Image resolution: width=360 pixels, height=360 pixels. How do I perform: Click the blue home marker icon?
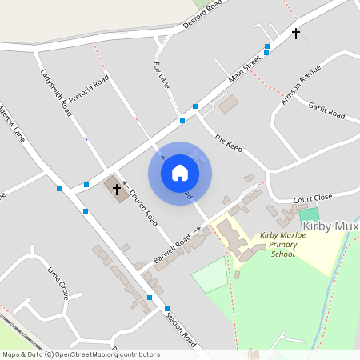pyautogui.click(x=180, y=173)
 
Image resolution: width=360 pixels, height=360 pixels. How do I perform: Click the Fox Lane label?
pyautogui.click(x=162, y=72)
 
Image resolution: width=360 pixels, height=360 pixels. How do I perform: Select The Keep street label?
pyautogui.click(x=227, y=144)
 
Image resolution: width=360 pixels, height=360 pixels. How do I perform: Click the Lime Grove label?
pyautogui.click(x=60, y=282)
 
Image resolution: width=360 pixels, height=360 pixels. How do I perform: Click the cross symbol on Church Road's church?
pyautogui.click(x=117, y=190)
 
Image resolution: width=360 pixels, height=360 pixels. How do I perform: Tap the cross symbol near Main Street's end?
pyautogui.click(x=296, y=34)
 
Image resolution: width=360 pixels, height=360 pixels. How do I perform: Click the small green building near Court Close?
pyautogui.click(x=309, y=215)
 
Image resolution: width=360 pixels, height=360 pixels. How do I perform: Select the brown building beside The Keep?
pyautogui.click(x=229, y=105)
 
